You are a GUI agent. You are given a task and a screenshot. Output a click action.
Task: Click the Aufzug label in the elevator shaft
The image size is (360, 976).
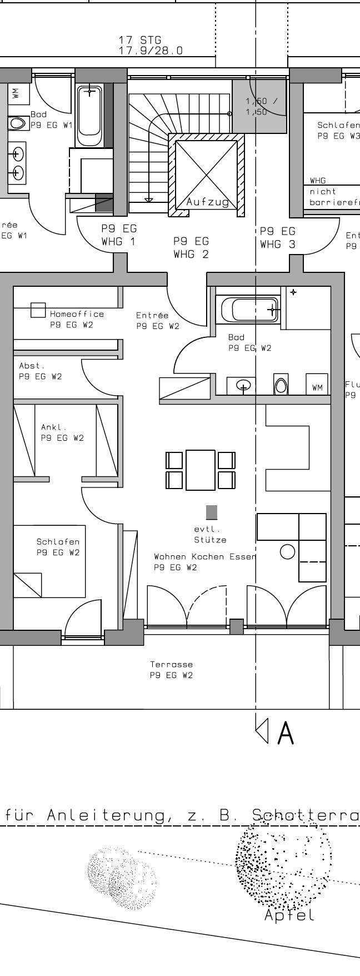click(207, 202)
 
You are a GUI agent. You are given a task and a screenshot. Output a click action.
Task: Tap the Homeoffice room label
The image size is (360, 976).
click(76, 314)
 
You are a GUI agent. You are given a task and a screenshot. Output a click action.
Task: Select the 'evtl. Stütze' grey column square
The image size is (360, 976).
click(211, 512)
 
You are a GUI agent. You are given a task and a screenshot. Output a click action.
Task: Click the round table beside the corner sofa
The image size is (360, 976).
click(287, 551)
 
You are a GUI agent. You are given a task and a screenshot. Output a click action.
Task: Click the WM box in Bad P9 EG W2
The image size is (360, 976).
click(317, 387)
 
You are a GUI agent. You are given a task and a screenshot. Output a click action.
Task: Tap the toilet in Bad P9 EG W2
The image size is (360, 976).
click(282, 385)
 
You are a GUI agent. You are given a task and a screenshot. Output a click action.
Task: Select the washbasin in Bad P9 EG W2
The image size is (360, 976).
click(243, 385)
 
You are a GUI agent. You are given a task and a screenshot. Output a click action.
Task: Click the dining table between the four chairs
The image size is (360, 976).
click(200, 470)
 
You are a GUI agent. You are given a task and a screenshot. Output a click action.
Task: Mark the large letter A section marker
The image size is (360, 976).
click(285, 733)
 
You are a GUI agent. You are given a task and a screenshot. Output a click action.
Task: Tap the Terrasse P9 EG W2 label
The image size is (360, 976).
click(171, 670)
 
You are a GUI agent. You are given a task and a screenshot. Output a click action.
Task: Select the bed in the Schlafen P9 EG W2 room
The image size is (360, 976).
click(49, 561)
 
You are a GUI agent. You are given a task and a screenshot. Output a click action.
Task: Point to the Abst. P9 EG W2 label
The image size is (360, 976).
click(40, 371)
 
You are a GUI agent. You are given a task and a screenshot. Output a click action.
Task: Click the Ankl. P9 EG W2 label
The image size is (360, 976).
click(62, 432)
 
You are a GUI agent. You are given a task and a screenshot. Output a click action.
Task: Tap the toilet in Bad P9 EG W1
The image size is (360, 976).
click(18, 123)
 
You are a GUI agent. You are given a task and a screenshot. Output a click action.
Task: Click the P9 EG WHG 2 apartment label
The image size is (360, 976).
click(191, 248)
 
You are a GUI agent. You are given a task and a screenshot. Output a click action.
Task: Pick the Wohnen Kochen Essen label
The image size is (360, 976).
click(204, 556)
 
